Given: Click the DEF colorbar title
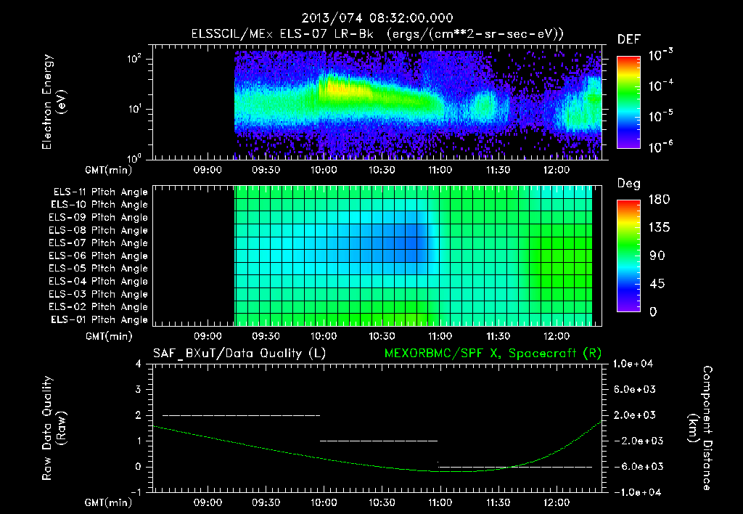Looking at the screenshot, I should click(628, 39).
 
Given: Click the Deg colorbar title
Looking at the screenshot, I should click(628, 184).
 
